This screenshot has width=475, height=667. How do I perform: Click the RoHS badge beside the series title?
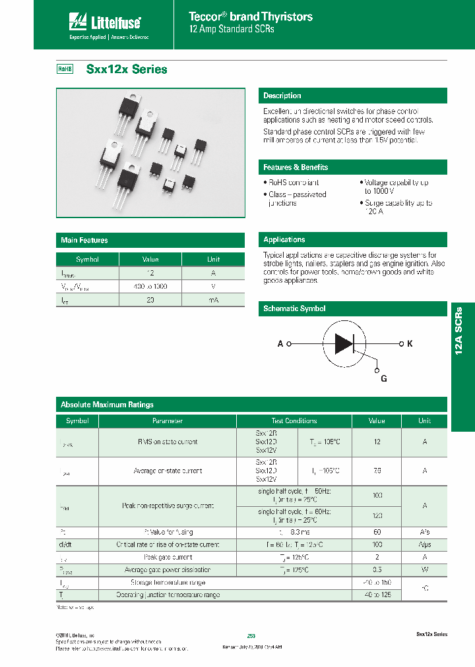coord(65,69)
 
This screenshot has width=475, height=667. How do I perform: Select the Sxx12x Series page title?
coord(127,69)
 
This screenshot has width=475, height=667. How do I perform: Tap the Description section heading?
coord(282,96)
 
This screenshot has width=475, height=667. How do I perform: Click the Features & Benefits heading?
coord(296,167)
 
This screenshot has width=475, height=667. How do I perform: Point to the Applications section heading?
coord(284,240)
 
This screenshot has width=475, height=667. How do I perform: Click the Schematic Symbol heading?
coord(294,308)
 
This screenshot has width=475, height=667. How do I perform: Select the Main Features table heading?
coord(84,241)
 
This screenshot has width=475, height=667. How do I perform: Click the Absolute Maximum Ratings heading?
coord(107,405)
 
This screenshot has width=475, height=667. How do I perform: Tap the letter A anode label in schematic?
coord(280,344)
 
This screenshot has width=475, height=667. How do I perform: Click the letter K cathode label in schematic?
coord(410,344)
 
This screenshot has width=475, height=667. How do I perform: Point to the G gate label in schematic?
coord(384,378)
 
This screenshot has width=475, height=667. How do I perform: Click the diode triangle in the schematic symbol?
coord(344,343)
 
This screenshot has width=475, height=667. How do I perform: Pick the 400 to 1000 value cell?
coord(150,287)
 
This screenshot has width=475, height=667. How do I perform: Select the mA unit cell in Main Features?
coord(214,300)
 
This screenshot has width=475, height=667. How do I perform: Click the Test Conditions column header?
coord(294,420)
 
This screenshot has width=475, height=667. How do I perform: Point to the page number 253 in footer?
coord(251,635)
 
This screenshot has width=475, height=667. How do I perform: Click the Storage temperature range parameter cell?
coord(168,583)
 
